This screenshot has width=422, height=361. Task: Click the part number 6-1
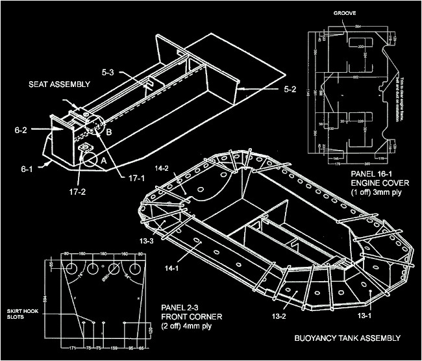click(x=27, y=169)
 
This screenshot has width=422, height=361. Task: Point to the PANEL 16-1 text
click(x=367, y=175)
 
